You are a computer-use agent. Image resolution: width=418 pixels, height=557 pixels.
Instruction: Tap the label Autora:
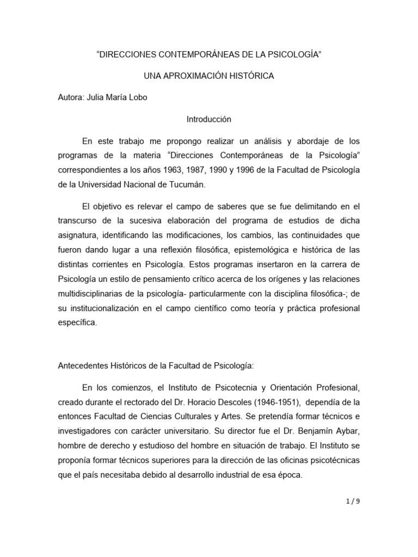click(71, 98)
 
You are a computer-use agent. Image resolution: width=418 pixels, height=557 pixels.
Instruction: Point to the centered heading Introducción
click(209, 119)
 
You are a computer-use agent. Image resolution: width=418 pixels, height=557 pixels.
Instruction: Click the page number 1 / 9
click(352, 501)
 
